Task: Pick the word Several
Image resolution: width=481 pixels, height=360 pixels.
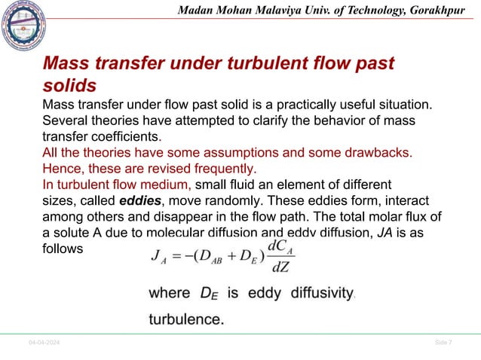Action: pyautogui.click(x=66, y=121)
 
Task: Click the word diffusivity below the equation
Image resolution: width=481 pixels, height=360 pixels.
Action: pyautogui.click(x=317, y=294)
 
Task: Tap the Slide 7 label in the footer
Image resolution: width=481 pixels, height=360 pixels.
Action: pyautogui.click(x=444, y=343)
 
